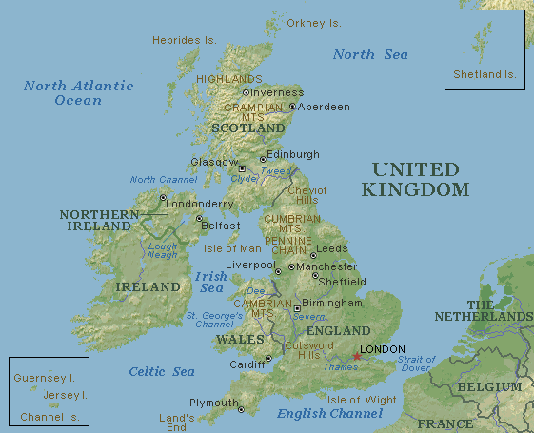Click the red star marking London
pos(357,357)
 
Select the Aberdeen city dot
pos(292,106)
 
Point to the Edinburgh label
pos(295,154)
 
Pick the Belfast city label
pos(220,226)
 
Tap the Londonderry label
pos(199,203)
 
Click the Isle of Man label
pos(232,249)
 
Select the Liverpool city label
pos(249,265)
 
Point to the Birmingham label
pos(332,303)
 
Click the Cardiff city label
pos(247,364)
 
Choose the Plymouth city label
pos(213,403)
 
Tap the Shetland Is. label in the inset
pos(485,73)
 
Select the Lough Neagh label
pos(162,249)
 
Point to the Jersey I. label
pos(65,394)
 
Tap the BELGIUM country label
pos(489,387)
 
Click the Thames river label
pos(340,366)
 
